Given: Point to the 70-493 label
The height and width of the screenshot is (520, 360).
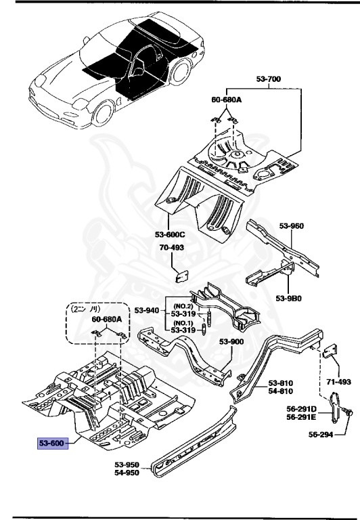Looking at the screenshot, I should [171, 248].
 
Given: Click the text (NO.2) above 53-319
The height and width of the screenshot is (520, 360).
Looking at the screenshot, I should [183, 305].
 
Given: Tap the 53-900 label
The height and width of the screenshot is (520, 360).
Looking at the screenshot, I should [231, 342].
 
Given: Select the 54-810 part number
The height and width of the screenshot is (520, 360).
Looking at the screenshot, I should [282, 391].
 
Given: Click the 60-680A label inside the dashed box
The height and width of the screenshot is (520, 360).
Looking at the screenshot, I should [106, 319].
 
